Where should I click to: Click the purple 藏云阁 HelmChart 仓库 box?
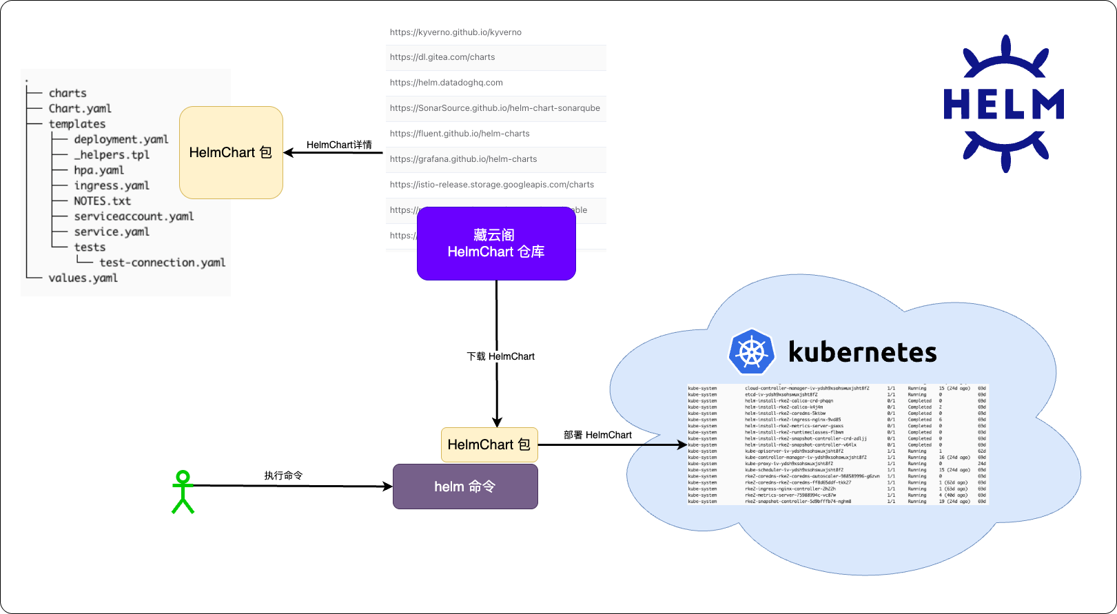coord(496,243)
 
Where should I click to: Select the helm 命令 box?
coord(465,487)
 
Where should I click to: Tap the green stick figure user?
coord(183,492)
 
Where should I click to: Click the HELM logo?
coord(1004,104)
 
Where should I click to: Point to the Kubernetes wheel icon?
coord(751,352)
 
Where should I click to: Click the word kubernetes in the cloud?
coord(862,352)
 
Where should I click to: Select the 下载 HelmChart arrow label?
coord(501,356)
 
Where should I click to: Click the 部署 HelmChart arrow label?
coord(597,435)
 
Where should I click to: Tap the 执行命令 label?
coord(283,475)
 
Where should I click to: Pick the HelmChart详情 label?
coord(339,145)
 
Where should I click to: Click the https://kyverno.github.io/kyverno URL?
coord(455,32)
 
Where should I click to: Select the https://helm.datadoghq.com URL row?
coord(447,83)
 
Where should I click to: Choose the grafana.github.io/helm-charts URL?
coord(463,159)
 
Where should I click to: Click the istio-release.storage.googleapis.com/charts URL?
coord(491,185)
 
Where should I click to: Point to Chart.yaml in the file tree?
coord(80,108)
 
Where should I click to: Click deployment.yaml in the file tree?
coord(121,139)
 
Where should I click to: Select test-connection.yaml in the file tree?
coord(162,263)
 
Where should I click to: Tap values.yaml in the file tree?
coord(83,278)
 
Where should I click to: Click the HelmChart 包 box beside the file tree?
coord(231,152)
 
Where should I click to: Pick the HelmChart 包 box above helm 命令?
coord(489,444)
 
